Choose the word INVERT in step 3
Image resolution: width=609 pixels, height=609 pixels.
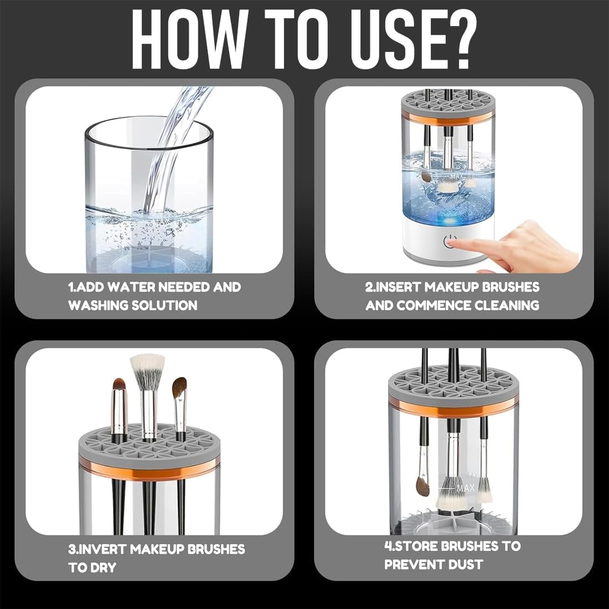tap(102, 549)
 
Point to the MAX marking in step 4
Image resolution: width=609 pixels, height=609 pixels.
tap(465, 488)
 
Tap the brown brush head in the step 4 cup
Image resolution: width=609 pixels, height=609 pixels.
tap(422, 486)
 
